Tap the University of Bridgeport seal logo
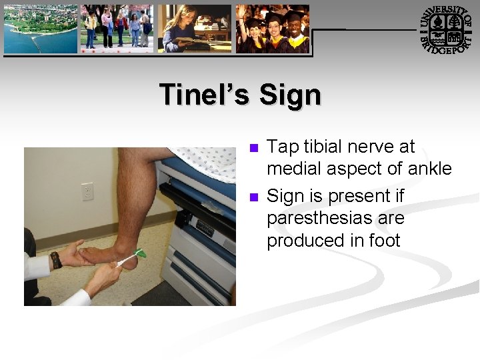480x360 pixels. coord(446,29)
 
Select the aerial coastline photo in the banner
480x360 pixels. coord(41,29)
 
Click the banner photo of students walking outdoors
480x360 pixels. coord(117,29)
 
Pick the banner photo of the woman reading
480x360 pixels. coord(195,29)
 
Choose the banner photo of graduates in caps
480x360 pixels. coord(272,29)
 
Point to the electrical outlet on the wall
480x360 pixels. coord(87,191)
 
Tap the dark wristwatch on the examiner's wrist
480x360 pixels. coord(56,259)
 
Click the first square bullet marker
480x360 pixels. coord(252,147)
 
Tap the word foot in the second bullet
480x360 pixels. coord(385,240)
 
